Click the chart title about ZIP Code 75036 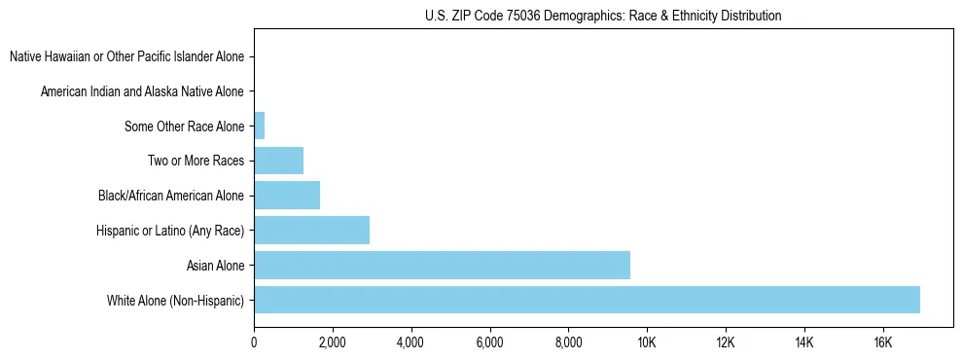[x=603, y=16]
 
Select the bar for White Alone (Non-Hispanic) [x=587, y=300]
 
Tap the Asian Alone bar [x=442, y=265]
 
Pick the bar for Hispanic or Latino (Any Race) [x=311, y=230]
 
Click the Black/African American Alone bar [x=287, y=196]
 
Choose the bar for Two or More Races [x=278, y=161]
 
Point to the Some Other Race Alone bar [x=260, y=126]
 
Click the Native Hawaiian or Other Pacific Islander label [x=126, y=56]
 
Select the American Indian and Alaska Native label [x=142, y=91]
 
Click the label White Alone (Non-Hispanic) [x=175, y=300]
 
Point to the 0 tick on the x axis [x=254, y=342]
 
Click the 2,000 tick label [x=333, y=342]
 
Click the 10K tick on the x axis [x=647, y=342]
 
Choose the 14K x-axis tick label [x=803, y=342]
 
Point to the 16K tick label [x=882, y=342]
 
